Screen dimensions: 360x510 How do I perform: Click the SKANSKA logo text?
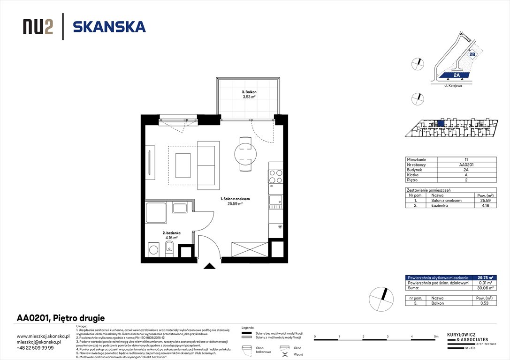pos(109,27)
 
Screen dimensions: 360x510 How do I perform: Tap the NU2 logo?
pos(38,27)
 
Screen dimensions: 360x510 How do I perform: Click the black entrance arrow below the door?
pos(210,267)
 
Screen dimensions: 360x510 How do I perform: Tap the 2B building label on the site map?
pos(472,54)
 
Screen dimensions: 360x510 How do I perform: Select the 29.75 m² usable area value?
pos(485,278)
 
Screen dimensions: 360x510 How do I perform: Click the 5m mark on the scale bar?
pos(436,337)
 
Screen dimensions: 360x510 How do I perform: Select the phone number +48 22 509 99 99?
pos(35,348)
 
